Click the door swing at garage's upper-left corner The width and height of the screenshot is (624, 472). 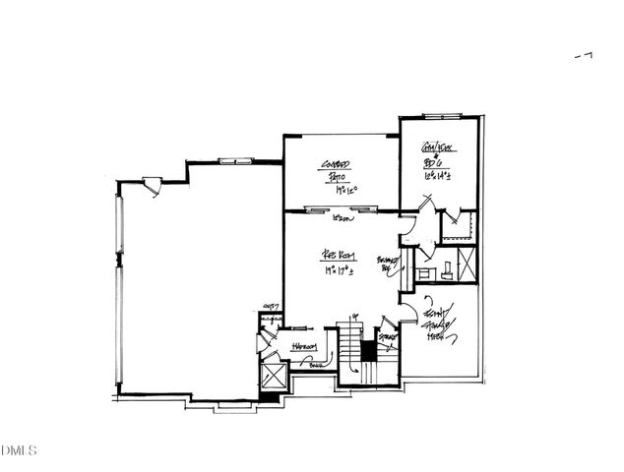150,183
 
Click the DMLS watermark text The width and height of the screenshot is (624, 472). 17,451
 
